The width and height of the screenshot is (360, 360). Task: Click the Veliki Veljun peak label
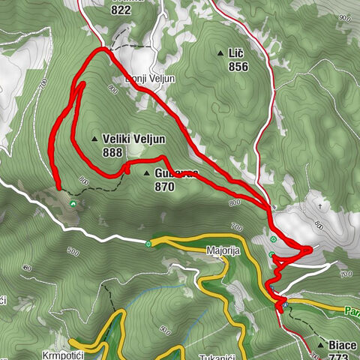pyautogui.click(x=134, y=139)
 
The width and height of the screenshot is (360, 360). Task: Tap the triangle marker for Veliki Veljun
pyautogui.click(x=94, y=139)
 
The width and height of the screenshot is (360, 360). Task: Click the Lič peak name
pyautogui.click(x=236, y=53)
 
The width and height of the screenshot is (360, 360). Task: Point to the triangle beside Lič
pyautogui.click(x=220, y=53)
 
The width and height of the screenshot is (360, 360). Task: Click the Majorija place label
pyautogui.click(x=223, y=251)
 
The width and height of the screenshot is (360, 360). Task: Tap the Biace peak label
pyautogui.click(x=343, y=345)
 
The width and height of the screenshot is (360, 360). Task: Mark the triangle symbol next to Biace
pyautogui.click(x=321, y=345)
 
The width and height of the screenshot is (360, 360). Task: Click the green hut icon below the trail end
pyautogui.click(x=73, y=202)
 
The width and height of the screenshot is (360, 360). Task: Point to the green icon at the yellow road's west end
pyautogui.click(x=149, y=243)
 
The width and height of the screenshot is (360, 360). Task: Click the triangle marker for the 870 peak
pyautogui.click(x=147, y=173)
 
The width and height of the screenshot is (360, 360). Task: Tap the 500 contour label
pyautogui.click(x=73, y=251)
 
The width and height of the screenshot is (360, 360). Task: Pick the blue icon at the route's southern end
pyautogui.click(x=284, y=304)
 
